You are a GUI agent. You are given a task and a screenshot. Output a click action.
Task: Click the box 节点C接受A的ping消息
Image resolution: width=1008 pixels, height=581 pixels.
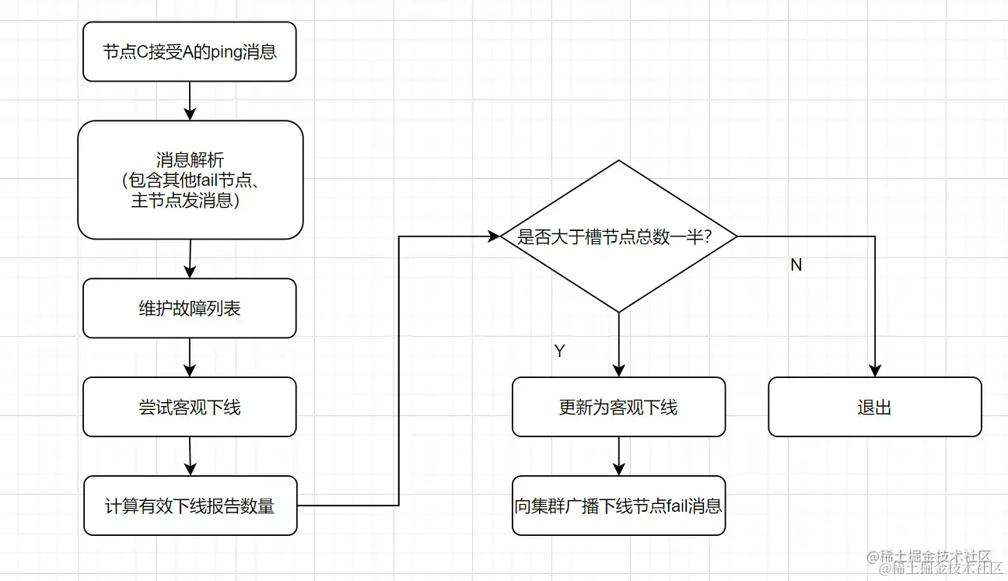pos(189,52)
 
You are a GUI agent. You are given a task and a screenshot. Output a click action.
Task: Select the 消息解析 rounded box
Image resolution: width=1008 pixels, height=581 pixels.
pos(190,180)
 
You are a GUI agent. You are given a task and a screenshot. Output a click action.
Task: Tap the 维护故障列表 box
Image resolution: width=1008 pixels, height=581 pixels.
pos(189,308)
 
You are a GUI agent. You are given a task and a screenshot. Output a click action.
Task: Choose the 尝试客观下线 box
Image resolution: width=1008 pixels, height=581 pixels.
pos(189,407)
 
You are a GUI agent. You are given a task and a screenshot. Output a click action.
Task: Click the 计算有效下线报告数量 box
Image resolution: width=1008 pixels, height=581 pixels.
pos(190,506)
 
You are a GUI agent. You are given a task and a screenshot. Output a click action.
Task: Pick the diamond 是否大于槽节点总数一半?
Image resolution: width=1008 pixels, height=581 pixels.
pos(618,236)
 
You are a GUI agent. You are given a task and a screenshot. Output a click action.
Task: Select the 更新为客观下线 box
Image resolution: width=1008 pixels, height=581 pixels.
pos(618,407)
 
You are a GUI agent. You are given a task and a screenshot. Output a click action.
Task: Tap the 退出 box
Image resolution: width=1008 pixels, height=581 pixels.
pos(874,407)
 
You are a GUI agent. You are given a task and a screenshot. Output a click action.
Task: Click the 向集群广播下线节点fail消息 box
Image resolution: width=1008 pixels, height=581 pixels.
pos(618,506)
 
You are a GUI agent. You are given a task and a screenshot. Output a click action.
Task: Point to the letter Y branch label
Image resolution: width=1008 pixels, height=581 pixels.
pos(559,351)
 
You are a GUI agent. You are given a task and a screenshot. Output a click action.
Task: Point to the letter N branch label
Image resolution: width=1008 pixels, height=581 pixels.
pos(796,265)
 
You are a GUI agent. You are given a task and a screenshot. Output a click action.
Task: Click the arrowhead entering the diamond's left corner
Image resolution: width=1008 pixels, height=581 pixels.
pos(493,236)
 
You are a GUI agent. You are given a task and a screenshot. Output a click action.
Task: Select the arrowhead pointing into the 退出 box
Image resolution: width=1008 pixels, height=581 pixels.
pos(875,370)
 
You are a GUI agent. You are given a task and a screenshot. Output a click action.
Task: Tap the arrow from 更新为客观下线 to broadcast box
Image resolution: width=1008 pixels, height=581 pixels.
pos(618,456)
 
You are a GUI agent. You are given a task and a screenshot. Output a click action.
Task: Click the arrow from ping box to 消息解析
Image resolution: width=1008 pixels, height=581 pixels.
pos(190,101)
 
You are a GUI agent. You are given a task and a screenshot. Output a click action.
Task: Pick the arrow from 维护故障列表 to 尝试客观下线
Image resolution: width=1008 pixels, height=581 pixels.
pos(190,358)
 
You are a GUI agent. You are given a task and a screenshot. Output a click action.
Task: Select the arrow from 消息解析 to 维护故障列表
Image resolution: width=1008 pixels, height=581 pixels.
pos(190,258)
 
